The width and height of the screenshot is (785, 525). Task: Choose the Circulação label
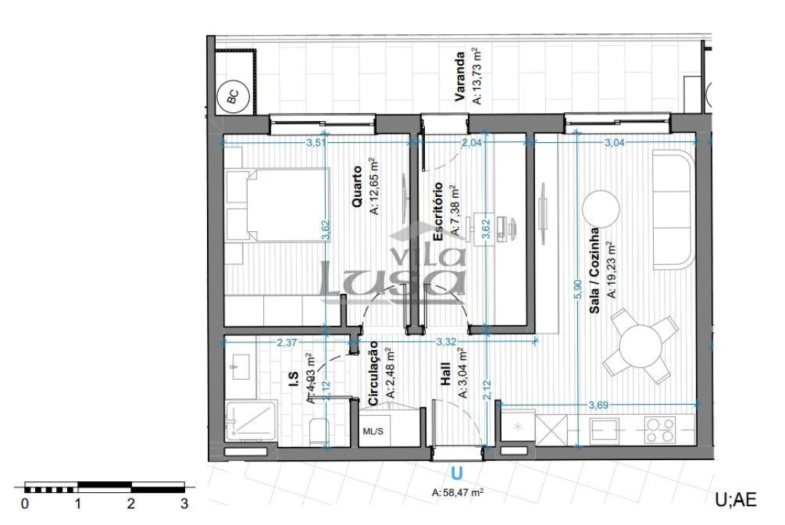(x=373, y=373)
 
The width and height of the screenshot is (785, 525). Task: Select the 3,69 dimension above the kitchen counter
(x=600, y=403)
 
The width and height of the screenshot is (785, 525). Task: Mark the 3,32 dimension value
(x=446, y=341)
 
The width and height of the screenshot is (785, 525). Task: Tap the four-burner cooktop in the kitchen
(x=659, y=430)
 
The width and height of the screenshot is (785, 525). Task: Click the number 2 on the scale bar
(x=131, y=503)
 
